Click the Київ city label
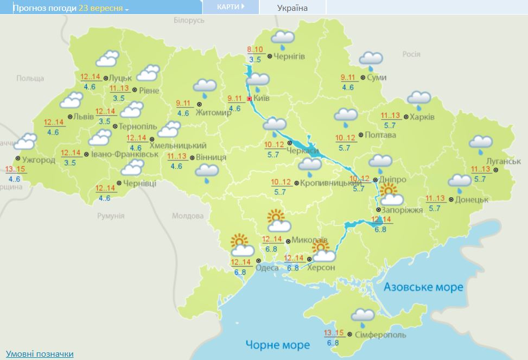click(x=262, y=98)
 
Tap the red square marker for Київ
click(x=249, y=99)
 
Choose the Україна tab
click(x=292, y=8)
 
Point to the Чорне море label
click(x=277, y=345)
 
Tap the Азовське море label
click(x=423, y=287)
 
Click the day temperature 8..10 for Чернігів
click(x=255, y=50)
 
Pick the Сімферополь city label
click(x=380, y=334)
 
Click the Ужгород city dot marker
click(x=17, y=159)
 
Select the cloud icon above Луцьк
click(x=107, y=59)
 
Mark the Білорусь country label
click(x=189, y=20)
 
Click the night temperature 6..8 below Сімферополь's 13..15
click(x=333, y=343)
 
